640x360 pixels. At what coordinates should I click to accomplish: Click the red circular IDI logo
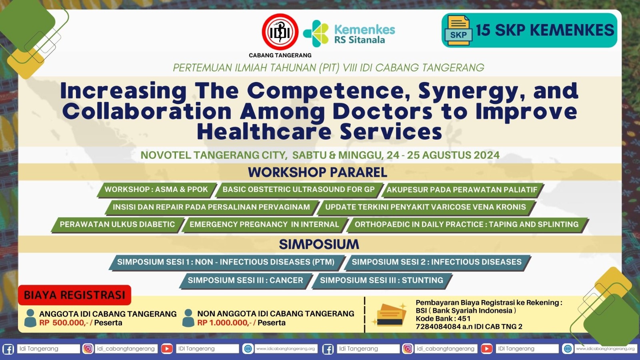tap(280, 32)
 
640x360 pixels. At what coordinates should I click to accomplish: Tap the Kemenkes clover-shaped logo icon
tap(316, 34)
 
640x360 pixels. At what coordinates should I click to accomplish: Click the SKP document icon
tap(458, 30)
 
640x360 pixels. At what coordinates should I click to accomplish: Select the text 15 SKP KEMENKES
tap(545, 30)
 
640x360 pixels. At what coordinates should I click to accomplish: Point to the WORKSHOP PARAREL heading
tap(318, 172)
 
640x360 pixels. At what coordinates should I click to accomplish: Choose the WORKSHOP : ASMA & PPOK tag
tap(156, 190)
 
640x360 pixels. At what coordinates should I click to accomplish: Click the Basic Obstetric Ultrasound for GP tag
tap(298, 190)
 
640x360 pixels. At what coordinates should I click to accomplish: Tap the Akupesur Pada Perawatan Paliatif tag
tap(462, 190)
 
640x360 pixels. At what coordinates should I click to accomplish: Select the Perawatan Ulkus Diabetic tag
tap(118, 224)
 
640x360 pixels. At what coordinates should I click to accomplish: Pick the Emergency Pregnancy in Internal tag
tap(264, 224)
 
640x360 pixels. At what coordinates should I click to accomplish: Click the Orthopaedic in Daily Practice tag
tap(466, 224)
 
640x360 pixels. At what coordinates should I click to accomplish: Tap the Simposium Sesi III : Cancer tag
tap(246, 280)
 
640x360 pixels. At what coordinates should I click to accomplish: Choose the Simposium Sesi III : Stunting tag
tap(382, 280)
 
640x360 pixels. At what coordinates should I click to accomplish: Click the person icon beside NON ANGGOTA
tap(188, 318)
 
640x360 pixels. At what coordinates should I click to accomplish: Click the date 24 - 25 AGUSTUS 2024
tap(443, 155)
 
